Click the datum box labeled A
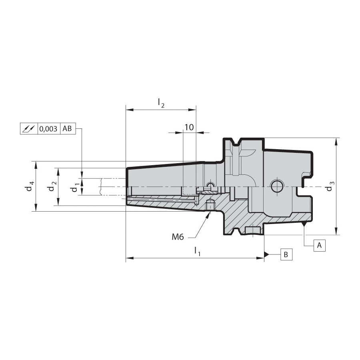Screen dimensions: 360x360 [319, 245]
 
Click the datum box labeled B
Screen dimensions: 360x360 [286, 254]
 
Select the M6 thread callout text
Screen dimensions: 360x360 [178, 237]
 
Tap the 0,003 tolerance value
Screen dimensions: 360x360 [48, 128]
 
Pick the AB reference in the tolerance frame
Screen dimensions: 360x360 [67, 128]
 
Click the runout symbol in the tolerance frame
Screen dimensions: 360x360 [29, 128]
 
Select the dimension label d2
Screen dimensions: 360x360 [52, 186]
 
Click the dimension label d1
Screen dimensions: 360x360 [75, 186]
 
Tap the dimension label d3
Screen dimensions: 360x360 [330, 186]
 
